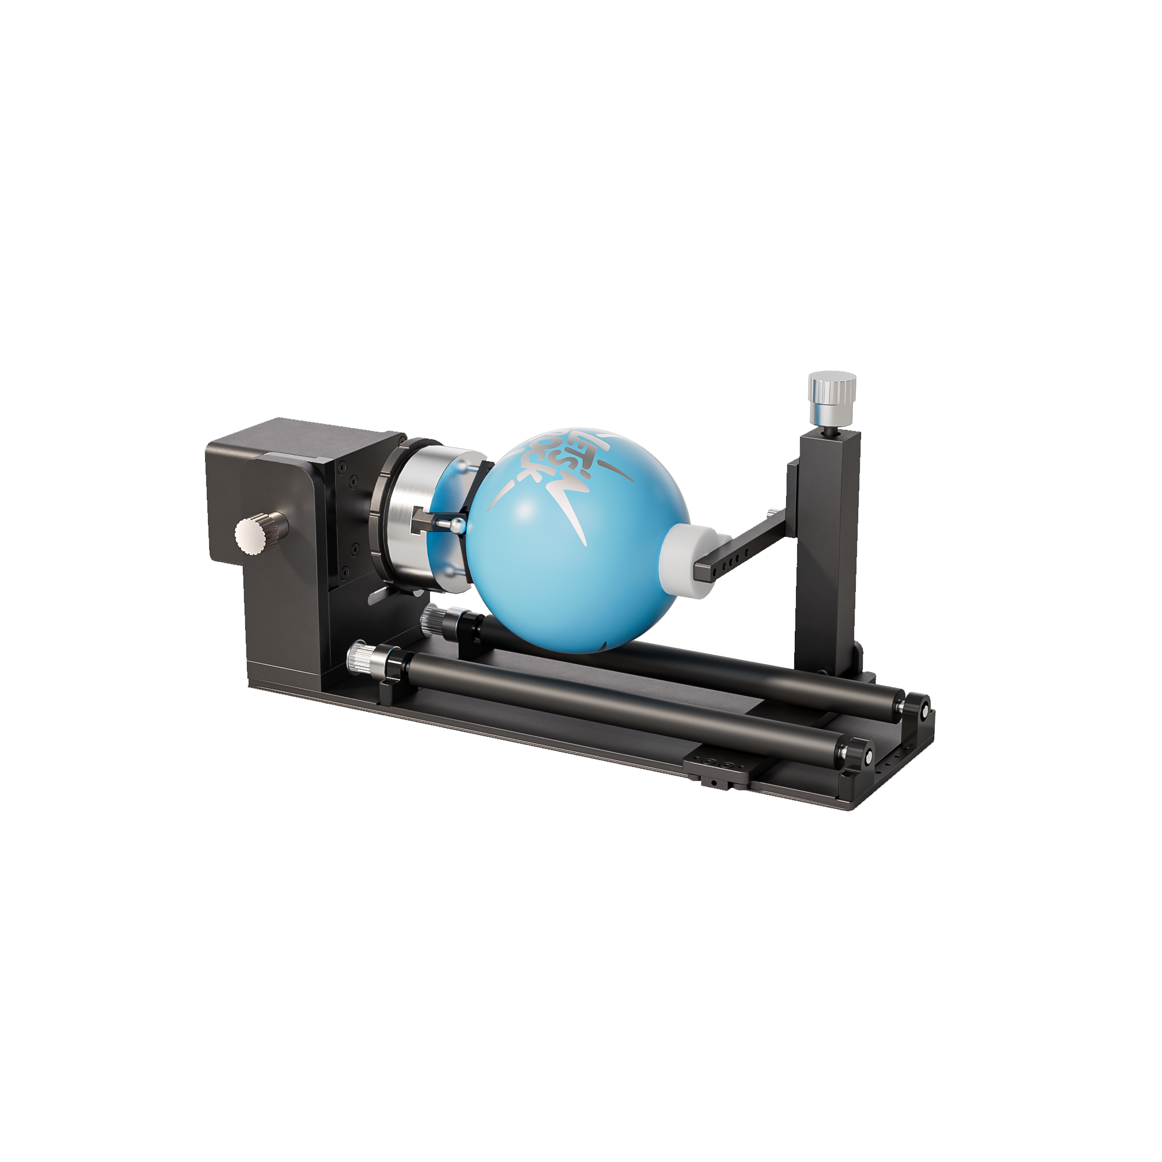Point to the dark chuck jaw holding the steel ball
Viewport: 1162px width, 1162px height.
tap(425, 518)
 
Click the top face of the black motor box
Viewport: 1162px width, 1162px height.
tap(301, 439)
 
